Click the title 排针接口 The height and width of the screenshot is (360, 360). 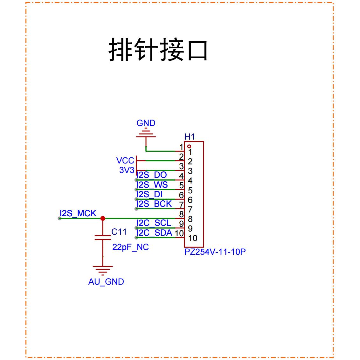pos(158,50)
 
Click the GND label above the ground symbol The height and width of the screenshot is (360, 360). pos(146,123)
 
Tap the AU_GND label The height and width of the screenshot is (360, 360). pos(106,282)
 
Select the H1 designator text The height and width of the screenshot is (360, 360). pos(190,137)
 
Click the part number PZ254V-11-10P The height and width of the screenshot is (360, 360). pos(215,252)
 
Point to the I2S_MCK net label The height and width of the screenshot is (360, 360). pos(78,213)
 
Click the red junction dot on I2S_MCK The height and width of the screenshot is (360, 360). pos(103,218)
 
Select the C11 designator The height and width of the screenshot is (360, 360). pos(119,232)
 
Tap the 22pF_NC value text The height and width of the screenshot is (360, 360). pos(130,247)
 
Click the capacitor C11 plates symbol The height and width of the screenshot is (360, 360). pos(103,237)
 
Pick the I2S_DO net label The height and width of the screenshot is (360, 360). pos(151,175)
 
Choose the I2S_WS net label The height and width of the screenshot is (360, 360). pos(152,184)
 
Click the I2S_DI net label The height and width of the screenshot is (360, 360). pos(149,194)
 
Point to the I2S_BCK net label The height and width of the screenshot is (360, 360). pos(154,204)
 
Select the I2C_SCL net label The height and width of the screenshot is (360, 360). pos(154,223)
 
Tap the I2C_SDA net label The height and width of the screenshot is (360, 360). pos(154,232)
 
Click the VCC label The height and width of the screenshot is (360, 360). pos(125,161)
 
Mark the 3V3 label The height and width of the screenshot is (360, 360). pos(127,170)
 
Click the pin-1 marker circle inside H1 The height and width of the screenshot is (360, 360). pos(189,146)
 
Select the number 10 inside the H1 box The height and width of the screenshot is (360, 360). pos(193,238)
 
